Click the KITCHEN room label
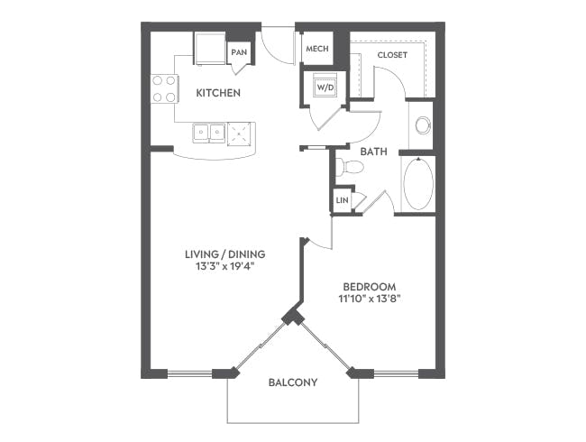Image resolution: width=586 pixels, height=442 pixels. (x=217, y=93)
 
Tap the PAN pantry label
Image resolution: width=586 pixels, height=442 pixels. (x=239, y=52)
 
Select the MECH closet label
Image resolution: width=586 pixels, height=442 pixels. (x=316, y=49)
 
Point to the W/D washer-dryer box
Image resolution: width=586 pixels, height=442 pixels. (x=325, y=88)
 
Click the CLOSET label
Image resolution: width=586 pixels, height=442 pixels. (x=392, y=55)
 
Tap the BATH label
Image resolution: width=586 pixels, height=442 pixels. (x=374, y=152)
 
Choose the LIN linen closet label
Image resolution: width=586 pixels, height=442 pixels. (x=343, y=199)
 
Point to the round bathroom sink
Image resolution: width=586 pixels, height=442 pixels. (x=422, y=125)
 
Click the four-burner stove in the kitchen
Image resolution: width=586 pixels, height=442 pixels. (x=164, y=88)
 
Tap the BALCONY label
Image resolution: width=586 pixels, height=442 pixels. (x=293, y=382)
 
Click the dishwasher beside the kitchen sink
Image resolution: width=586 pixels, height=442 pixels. (x=241, y=134)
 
